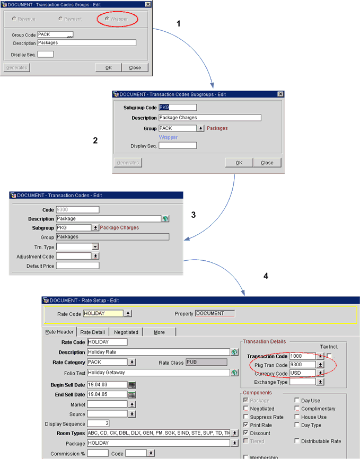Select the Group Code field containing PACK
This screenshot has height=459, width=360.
click(55, 35)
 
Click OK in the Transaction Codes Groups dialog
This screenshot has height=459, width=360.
click(108, 67)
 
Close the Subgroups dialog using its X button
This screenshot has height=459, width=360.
click(280, 94)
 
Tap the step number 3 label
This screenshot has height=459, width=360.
click(194, 215)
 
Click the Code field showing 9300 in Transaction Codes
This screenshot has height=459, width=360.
click(77, 210)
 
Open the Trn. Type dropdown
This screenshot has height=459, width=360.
click(95, 246)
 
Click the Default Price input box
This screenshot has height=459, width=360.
click(77, 266)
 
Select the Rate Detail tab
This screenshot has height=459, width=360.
click(93, 332)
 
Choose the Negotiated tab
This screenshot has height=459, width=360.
click(126, 332)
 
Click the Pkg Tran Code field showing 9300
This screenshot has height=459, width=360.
click(303, 365)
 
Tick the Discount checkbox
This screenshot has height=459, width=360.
click(245, 433)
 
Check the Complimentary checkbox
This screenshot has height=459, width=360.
click(297, 409)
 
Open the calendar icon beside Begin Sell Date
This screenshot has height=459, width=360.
click(132, 385)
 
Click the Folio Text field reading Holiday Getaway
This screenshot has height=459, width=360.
click(158, 373)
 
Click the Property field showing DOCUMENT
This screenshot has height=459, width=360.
click(215, 313)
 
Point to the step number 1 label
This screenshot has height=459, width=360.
click(179, 24)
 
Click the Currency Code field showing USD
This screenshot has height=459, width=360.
click(303, 373)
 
